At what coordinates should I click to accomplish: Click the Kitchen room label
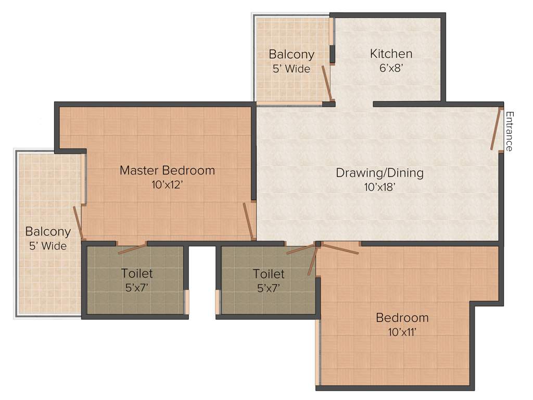(391, 54)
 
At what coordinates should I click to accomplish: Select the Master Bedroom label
(167, 170)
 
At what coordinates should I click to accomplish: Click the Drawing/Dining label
(379, 173)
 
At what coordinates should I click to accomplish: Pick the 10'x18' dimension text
(379, 187)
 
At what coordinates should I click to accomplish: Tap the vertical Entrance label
(510, 131)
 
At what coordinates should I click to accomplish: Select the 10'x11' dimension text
(402, 332)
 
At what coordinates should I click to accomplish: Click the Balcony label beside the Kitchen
(291, 54)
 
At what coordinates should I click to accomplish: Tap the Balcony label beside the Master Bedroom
(48, 232)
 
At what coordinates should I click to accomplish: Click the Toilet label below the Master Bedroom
(137, 273)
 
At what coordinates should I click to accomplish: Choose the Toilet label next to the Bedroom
(269, 274)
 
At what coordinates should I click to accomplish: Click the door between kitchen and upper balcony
(326, 82)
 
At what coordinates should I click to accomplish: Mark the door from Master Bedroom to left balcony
(78, 223)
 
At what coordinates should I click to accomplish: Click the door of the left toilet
(132, 249)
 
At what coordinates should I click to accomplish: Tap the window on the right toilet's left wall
(218, 302)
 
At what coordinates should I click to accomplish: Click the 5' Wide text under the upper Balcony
(291, 69)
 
